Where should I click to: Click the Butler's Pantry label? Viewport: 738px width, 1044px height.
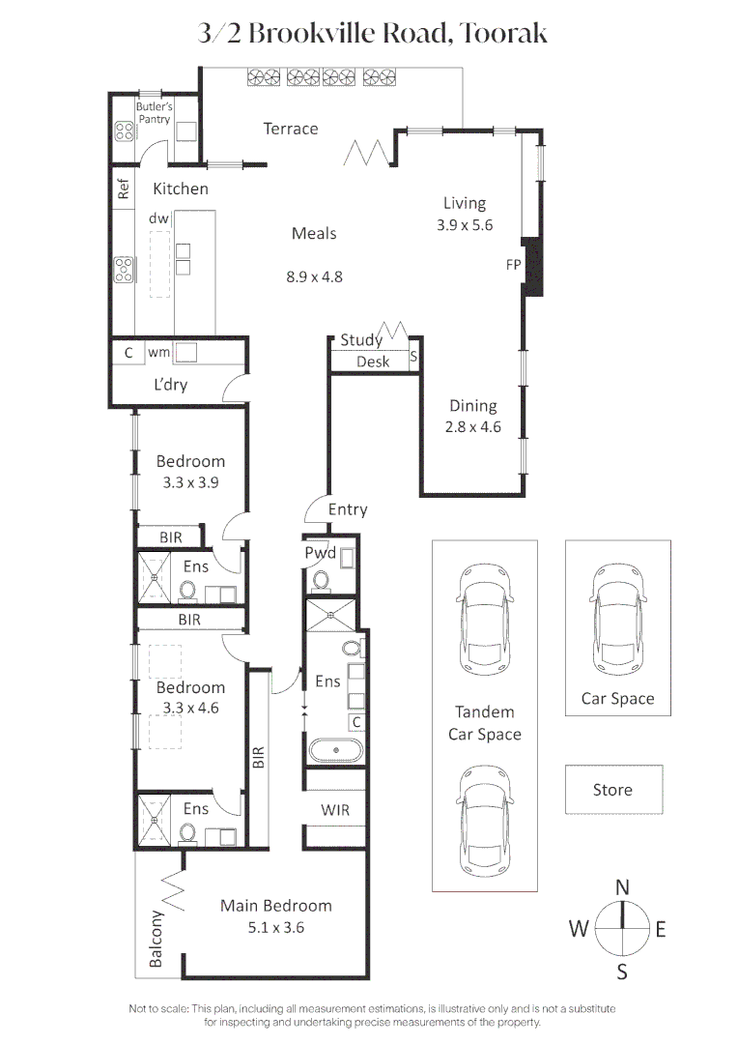click(154, 113)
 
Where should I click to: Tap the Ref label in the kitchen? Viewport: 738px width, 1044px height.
click(124, 189)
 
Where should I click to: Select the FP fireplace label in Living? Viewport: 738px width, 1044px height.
click(513, 263)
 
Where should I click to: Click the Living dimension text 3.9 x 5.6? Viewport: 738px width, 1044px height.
click(465, 224)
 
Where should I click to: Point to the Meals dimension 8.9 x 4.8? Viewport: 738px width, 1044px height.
click(314, 276)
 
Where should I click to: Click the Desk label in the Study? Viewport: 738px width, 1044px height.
click(373, 362)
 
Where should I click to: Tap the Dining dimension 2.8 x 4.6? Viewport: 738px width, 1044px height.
click(472, 427)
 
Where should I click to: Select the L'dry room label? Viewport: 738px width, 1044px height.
click(171, 385)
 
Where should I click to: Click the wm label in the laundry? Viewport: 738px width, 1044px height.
click(158, 353)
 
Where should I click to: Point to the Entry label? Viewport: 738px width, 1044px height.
click(348, 509)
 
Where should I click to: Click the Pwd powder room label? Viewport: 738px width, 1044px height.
click(321, 553)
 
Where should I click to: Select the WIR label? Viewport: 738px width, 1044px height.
click(335, 810)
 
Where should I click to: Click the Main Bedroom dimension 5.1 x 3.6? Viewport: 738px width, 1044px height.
click(276, 927)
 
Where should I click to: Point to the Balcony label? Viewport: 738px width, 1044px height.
click(156, 939)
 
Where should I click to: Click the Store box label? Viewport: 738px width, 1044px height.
click(612, 790)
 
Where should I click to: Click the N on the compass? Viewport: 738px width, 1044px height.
click(623, 886)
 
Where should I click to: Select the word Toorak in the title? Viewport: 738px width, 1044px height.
click(504, 34)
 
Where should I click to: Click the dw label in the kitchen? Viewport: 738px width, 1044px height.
click(158, 218)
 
